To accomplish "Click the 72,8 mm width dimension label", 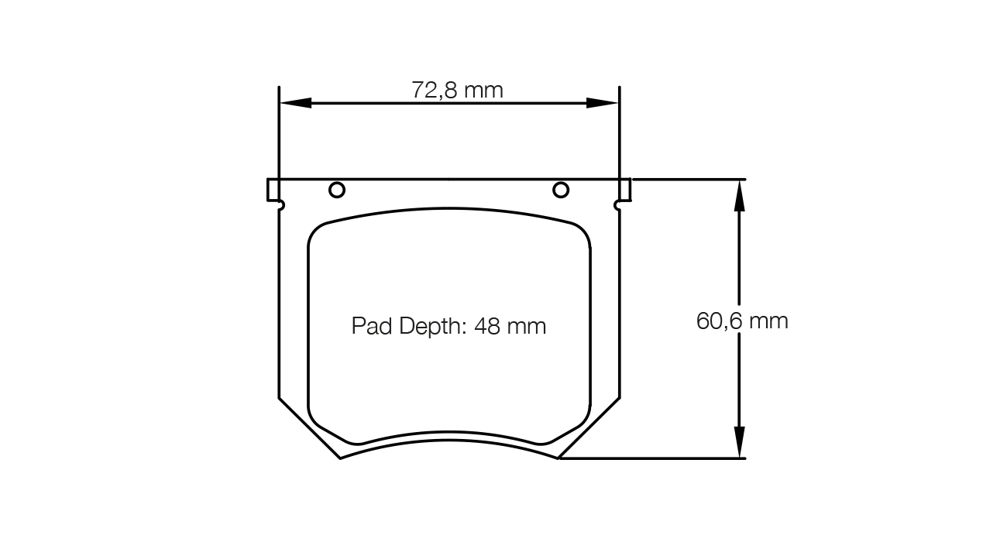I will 457,91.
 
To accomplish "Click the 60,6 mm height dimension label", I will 742,321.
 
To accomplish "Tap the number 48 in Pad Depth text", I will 486,326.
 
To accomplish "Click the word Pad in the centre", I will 373,326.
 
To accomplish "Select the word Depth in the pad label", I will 431,326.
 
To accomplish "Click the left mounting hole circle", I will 337,190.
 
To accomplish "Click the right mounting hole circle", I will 561,190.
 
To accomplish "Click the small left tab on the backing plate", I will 273,189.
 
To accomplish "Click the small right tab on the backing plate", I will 625,189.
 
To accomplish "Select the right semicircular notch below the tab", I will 617,205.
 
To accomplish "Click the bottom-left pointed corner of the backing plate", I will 341,458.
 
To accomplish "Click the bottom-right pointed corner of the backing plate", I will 558,458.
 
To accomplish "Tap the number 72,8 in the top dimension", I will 435,91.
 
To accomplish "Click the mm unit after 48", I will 527,327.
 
